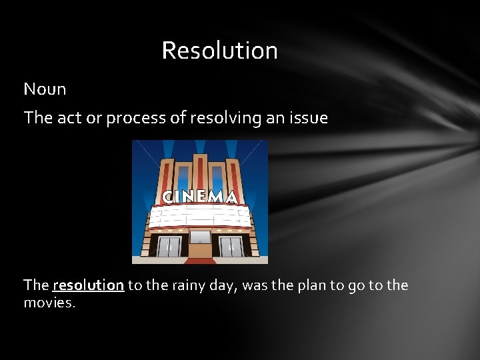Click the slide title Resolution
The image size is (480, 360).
[x=219, y=51]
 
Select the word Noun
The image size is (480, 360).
[x=45, y=89]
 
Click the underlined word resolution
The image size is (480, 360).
[x=88, y=285]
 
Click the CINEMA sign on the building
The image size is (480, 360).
[x=200, y=197]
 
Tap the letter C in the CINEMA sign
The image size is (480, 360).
[x=169, y=197]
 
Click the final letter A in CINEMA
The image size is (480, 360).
[x=231, y=197]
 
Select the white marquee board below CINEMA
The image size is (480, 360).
[x=200, y=216]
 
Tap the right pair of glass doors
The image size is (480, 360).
[x=231, y=246]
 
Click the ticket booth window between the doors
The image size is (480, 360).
[x=200, y=237]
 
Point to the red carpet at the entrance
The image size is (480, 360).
[x=200, y=259]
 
